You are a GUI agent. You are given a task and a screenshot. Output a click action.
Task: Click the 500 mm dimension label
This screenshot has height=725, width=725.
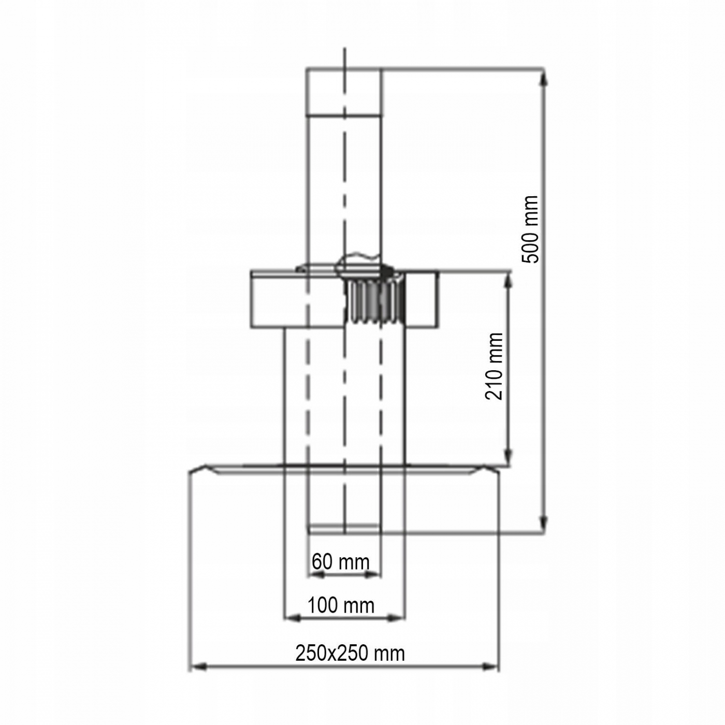[x=530, y=229]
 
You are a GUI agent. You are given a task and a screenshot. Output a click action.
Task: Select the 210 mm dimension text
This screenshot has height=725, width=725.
[x=494, y=367]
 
